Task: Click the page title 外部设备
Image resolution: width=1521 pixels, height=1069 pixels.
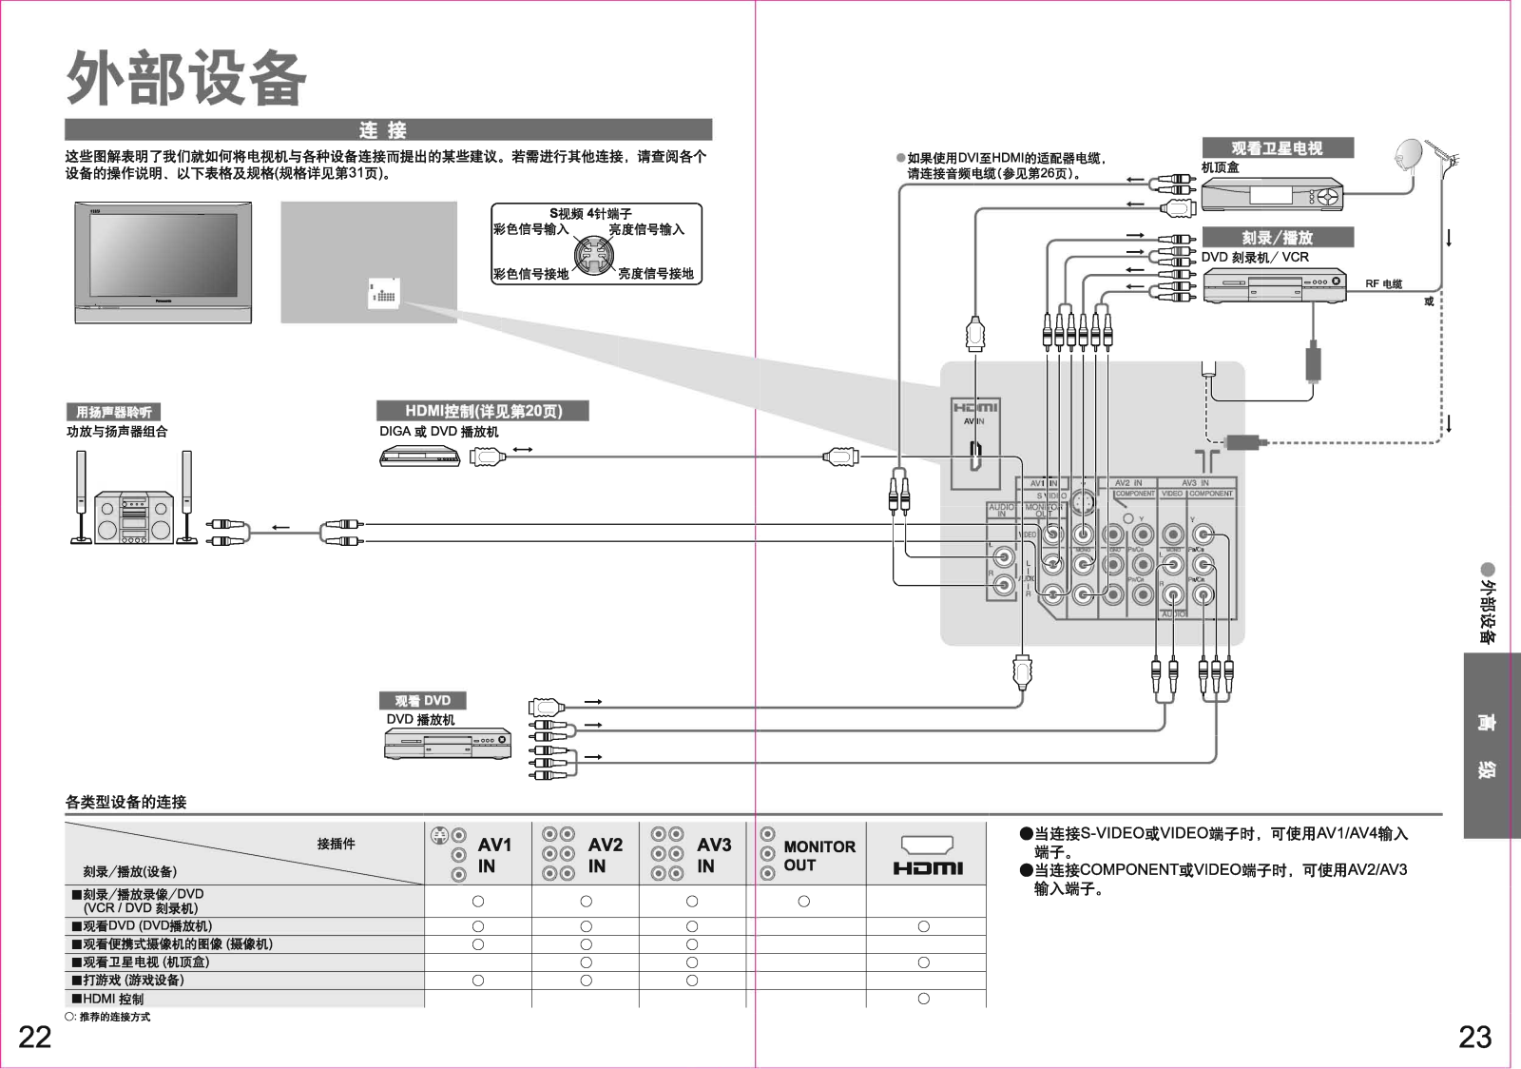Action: point(186,78)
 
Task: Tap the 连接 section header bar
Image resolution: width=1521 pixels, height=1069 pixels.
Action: point(388,130)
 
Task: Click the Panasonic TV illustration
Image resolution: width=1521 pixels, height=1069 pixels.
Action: point(164,262)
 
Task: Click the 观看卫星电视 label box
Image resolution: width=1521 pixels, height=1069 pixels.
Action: point(1277,148)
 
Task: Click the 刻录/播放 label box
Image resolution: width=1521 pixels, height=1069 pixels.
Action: point(1277,238)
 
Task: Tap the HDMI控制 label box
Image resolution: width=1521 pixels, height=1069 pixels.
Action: point(483,411)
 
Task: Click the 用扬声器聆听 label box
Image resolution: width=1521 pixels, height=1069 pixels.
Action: point(113,412)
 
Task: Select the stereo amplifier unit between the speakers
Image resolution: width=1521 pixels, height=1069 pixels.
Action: point(134,517)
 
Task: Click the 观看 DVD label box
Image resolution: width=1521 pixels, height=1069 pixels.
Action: point(422,701)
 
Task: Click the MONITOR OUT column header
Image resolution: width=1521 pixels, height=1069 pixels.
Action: point(818,855)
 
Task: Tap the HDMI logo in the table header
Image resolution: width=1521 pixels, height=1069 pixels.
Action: point(927,867)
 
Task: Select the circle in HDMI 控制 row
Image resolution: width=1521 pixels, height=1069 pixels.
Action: point(924,999)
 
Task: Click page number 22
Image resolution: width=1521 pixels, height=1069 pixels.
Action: point(35,1037)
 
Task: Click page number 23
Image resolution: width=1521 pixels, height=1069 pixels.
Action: point(1474,1037)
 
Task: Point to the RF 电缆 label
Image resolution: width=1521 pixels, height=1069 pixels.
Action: point(1383,284)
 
